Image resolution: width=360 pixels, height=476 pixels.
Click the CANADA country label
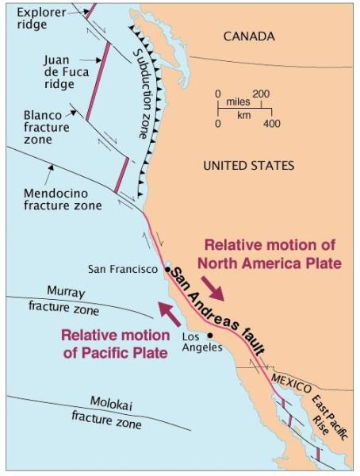248,36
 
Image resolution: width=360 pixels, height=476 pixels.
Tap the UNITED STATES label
248,166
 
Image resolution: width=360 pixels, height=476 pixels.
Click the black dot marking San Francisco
167,270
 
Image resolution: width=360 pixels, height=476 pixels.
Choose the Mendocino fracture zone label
63,198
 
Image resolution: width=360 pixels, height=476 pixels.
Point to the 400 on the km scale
271,124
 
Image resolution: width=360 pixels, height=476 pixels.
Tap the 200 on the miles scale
261,94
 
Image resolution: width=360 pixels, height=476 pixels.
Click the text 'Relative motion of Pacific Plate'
114,343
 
